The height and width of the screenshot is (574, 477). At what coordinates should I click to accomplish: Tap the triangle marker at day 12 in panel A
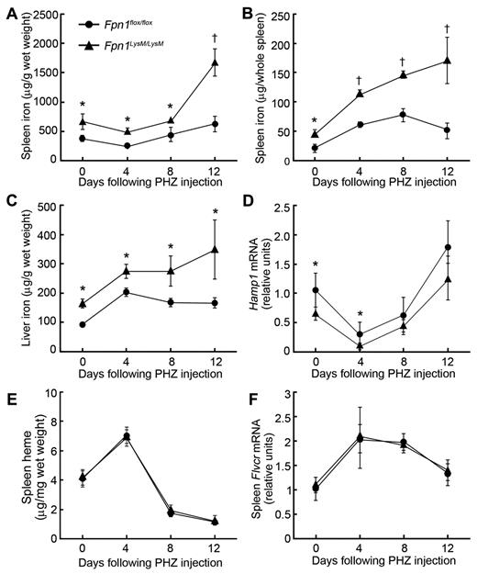[x=215, y=62]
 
